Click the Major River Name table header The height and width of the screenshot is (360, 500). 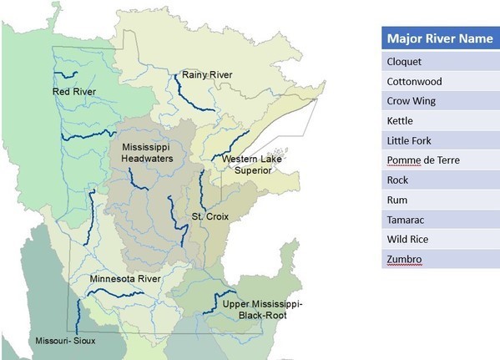click(x=439, y=38)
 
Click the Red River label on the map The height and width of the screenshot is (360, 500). click(x=73, y=91)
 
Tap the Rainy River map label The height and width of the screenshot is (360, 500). click(x=207, y=75)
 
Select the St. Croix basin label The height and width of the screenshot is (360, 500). click(x=210, y=216)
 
